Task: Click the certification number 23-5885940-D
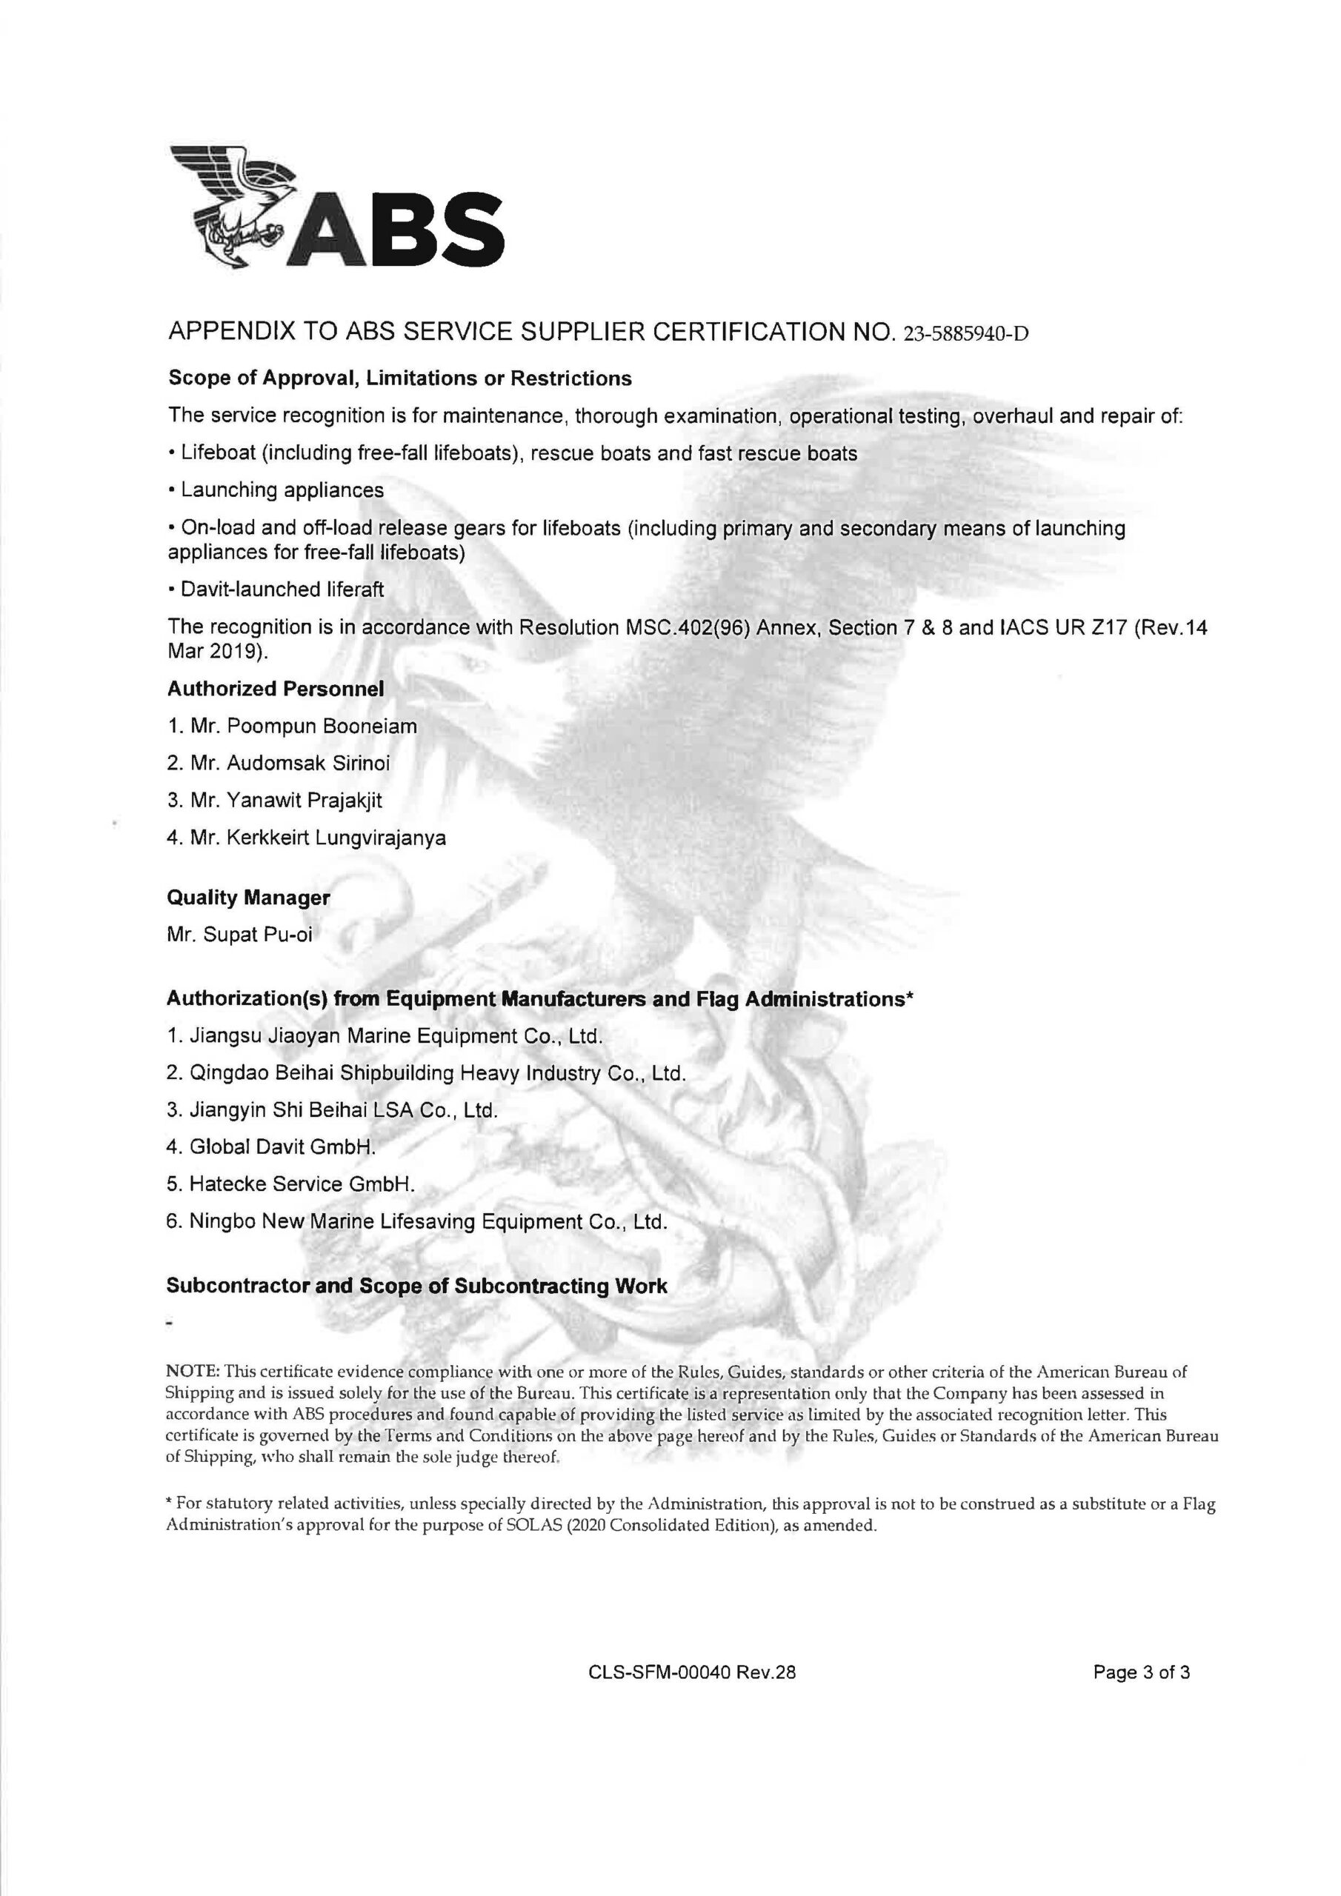coord(967,335)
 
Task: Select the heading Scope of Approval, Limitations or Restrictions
coord(400,378)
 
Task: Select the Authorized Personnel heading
coord(276,688)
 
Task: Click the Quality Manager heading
coord(248,898)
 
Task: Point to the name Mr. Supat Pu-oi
coord(239,935)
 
